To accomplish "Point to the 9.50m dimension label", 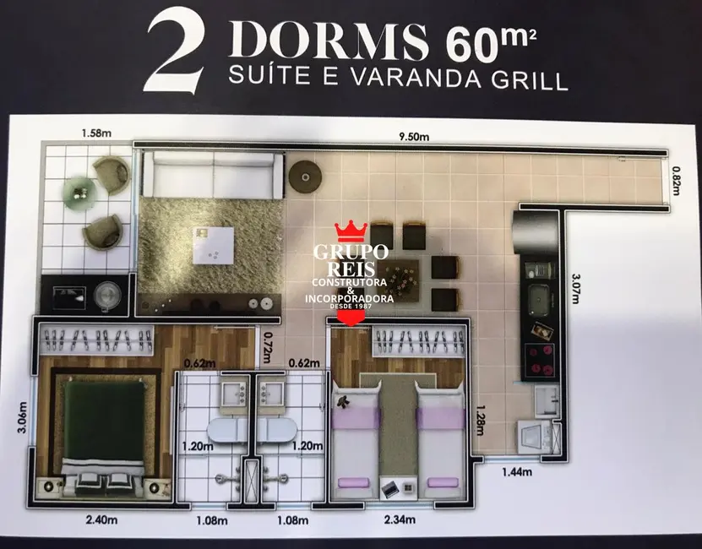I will coord(414,137).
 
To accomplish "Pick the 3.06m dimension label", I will coord(22,421).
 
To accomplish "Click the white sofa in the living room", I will coord(210,175).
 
